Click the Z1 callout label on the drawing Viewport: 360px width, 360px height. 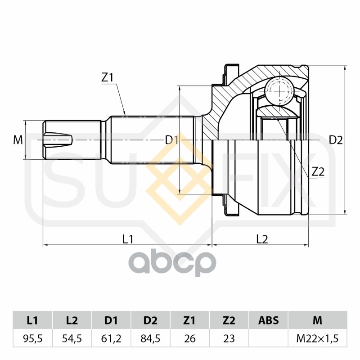107,78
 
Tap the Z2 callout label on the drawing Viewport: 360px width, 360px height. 318,171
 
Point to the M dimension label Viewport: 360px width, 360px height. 18,140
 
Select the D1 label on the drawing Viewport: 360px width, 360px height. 172,140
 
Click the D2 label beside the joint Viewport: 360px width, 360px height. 336,140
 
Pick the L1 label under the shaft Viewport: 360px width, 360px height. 128,239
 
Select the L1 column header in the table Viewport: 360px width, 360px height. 32,320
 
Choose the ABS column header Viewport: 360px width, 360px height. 268,320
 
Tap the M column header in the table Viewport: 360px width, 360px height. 318,320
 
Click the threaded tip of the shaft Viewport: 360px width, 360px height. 58,140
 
